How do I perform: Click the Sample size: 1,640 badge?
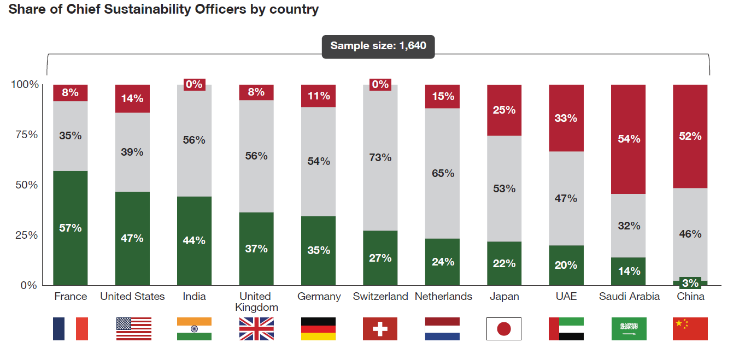[378, 46]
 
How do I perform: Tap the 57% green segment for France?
[71, 228]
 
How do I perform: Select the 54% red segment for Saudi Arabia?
[629, 139]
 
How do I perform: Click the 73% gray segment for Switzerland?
[380, 158]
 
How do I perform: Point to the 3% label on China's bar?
[690, 283]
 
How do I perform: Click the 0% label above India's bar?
[194, 84]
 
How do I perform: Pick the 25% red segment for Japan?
[504, 110]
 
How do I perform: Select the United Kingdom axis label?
[256, 302]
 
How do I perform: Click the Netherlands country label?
[443, 297]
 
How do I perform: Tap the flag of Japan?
[504, 329]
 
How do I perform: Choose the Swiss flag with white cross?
[380, 329]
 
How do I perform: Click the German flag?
[318, 329]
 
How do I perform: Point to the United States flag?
[133, 329]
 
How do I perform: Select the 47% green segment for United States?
[132, 238]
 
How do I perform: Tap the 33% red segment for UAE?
[566, 118]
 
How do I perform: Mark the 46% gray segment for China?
[690, 234]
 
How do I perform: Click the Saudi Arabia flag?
[629, 329]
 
